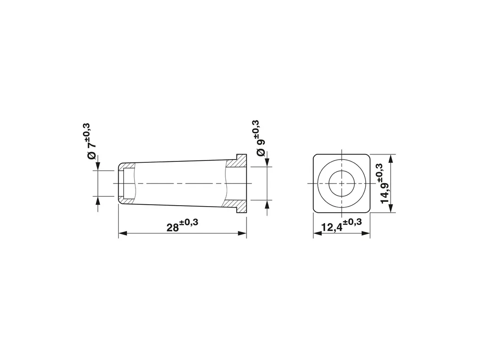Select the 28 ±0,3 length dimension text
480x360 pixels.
click(182, 225)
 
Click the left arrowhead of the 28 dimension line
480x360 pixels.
click(122, 233)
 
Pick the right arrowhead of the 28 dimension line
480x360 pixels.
click(242, 233)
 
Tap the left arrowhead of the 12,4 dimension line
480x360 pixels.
click(318, 233)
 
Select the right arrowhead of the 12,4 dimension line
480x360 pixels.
click(366, 233)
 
